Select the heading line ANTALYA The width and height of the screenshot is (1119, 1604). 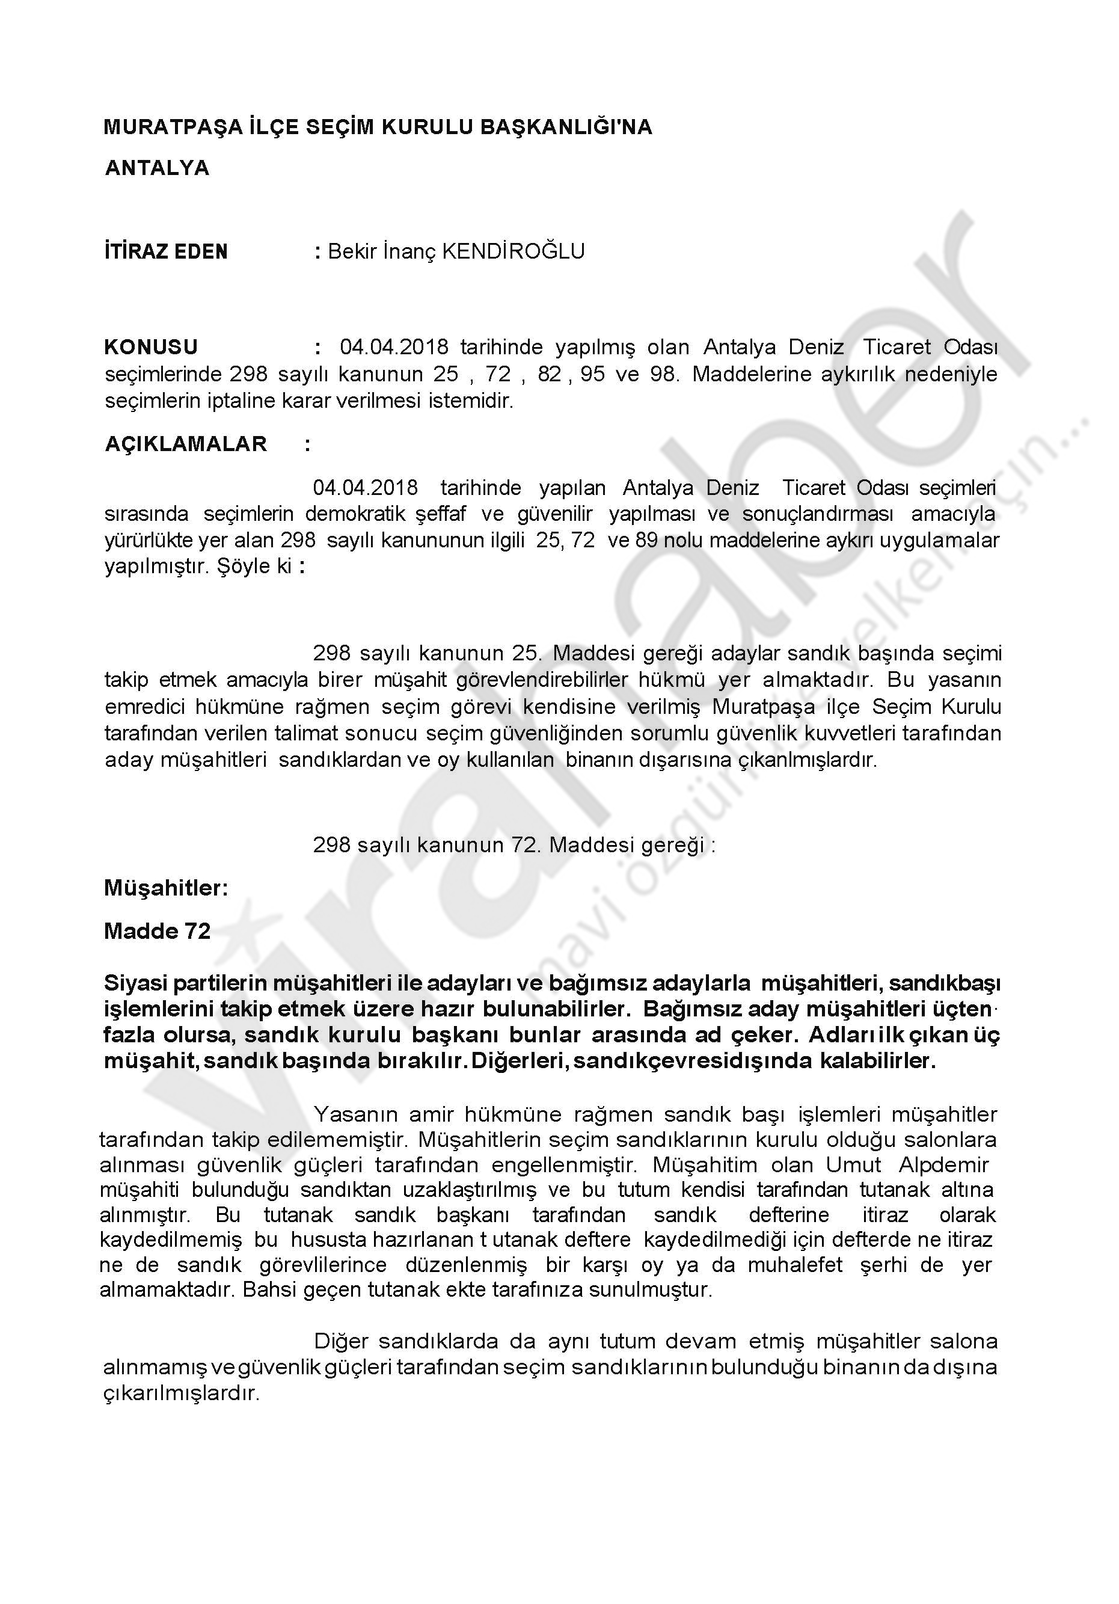157,168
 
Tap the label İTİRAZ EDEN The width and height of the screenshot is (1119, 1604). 166,251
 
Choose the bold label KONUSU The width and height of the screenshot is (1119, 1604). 151,347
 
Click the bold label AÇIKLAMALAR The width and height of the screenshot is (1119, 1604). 186,444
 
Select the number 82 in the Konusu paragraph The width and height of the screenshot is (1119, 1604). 549,375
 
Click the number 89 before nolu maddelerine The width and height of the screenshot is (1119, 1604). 647,540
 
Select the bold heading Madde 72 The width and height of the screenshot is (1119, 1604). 157,931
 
